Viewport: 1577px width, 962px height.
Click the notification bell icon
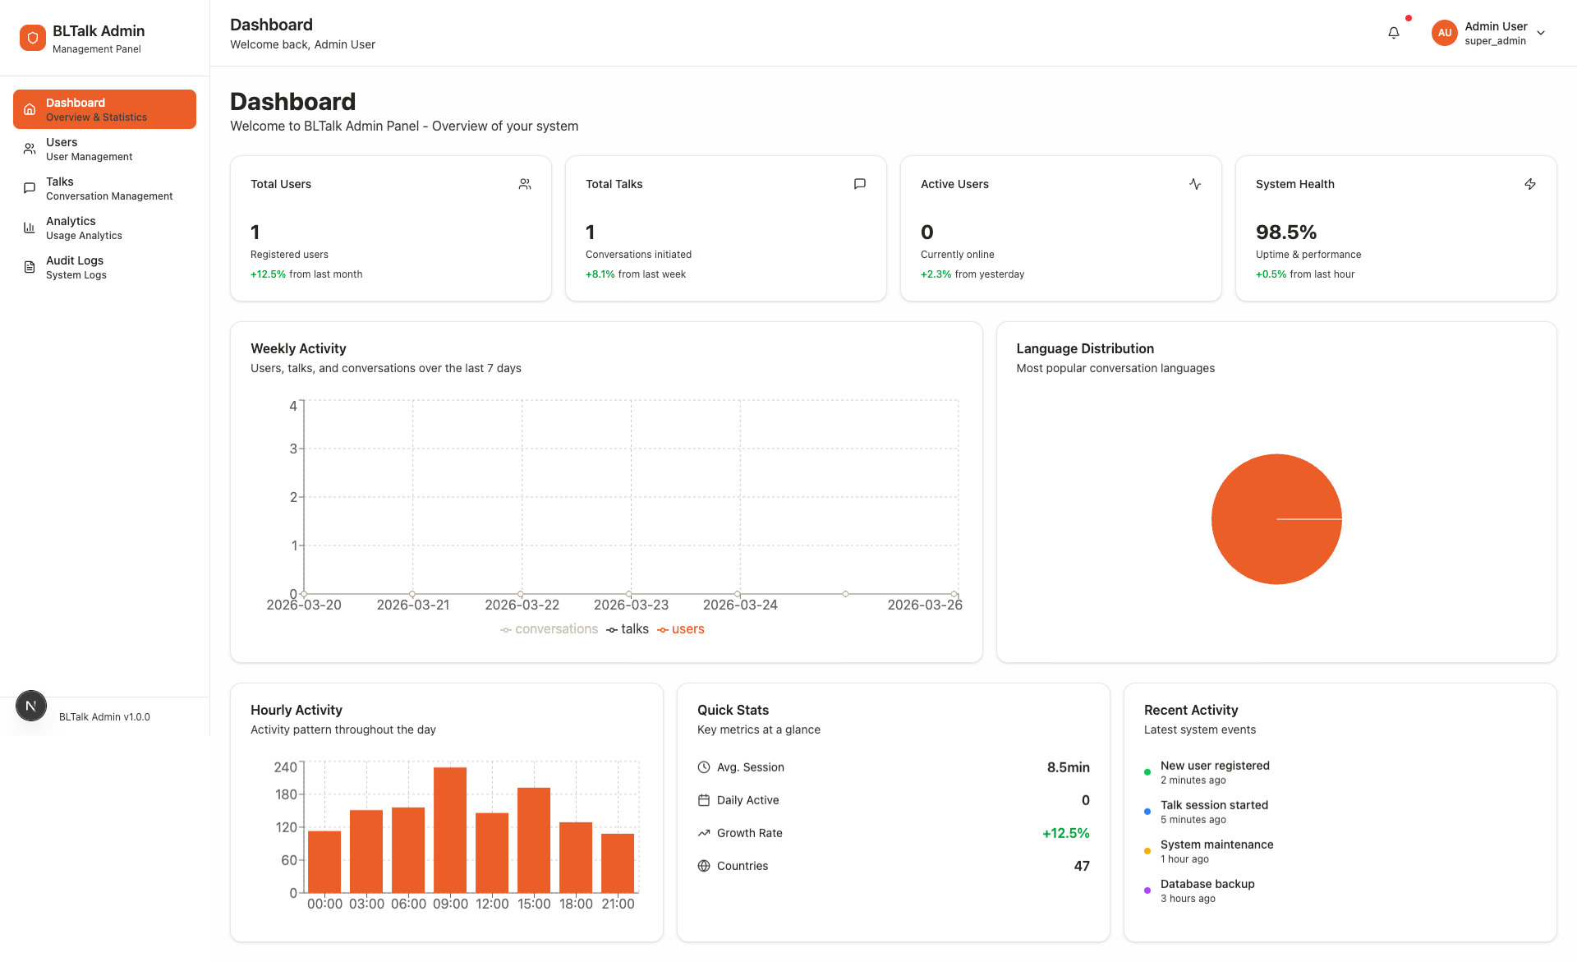[x=1393, y=33]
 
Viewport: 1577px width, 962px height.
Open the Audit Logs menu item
[x=74, y=267]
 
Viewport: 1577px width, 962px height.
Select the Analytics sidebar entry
[x=71, y=228]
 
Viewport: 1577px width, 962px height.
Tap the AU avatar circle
[x=1444, y=33]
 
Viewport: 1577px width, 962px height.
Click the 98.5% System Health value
[x=1285, y=232]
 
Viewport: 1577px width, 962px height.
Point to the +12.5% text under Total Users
[x=268, y=274]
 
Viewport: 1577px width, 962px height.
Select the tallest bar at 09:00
[x=450, y=830]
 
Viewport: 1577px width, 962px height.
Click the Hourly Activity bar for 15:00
[x=534, y=840]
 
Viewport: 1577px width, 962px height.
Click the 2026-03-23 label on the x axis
[x=631, y=605]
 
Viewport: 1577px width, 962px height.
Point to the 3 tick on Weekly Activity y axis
[x=293, y=449]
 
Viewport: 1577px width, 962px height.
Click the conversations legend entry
[x=549, y=629]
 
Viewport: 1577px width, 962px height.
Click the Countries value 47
[x=1081, y=866]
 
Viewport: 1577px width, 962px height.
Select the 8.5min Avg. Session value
[x=1068, y=767]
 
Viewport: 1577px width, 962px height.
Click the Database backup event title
[x=1207, y=884]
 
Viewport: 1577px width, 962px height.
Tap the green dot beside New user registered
[x=1147, y=772]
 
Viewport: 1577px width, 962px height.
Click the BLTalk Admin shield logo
[x=33, y=38]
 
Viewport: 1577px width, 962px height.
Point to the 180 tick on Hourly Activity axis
[x=286, y=794]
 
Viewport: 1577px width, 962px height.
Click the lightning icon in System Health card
[x=1529, y=184]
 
